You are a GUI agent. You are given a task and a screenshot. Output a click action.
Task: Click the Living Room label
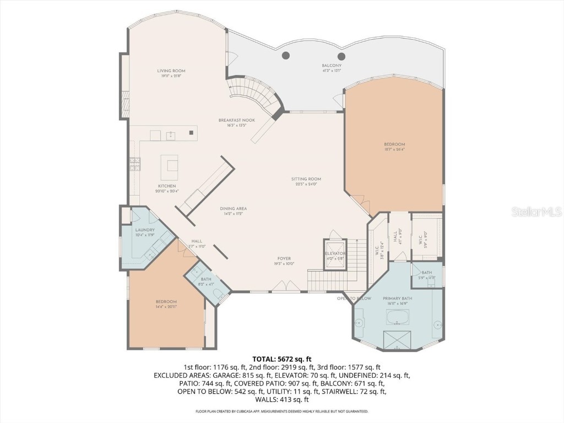click(171, 70)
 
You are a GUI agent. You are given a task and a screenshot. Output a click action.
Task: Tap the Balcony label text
click(332, 66)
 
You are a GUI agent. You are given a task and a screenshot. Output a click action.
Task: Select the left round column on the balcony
click(286, 55)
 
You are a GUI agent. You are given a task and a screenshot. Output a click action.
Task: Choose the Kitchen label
click(167, 186)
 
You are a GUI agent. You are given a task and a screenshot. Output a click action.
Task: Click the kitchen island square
click(170, 164)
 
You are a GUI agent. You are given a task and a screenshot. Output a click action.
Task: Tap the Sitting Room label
click(306, 179)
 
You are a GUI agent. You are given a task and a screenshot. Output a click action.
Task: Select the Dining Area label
click(233, 209)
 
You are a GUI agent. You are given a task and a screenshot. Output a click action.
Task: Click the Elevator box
click(335, 253)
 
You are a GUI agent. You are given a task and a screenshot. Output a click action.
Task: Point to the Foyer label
click(284, 258)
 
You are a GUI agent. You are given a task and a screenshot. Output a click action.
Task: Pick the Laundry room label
click(145, 230)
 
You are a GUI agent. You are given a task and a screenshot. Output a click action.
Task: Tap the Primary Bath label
click(399, 299)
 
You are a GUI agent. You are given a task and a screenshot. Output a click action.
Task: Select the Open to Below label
click(354, 298)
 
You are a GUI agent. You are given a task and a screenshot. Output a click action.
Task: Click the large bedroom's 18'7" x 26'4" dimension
click(394, 149)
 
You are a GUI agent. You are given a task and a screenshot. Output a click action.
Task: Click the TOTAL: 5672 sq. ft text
click(282, 359)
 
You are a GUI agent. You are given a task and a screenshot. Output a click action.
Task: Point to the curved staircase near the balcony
click(256, 94)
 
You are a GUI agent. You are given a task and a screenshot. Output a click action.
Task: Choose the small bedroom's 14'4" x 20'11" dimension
click(166, 306)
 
